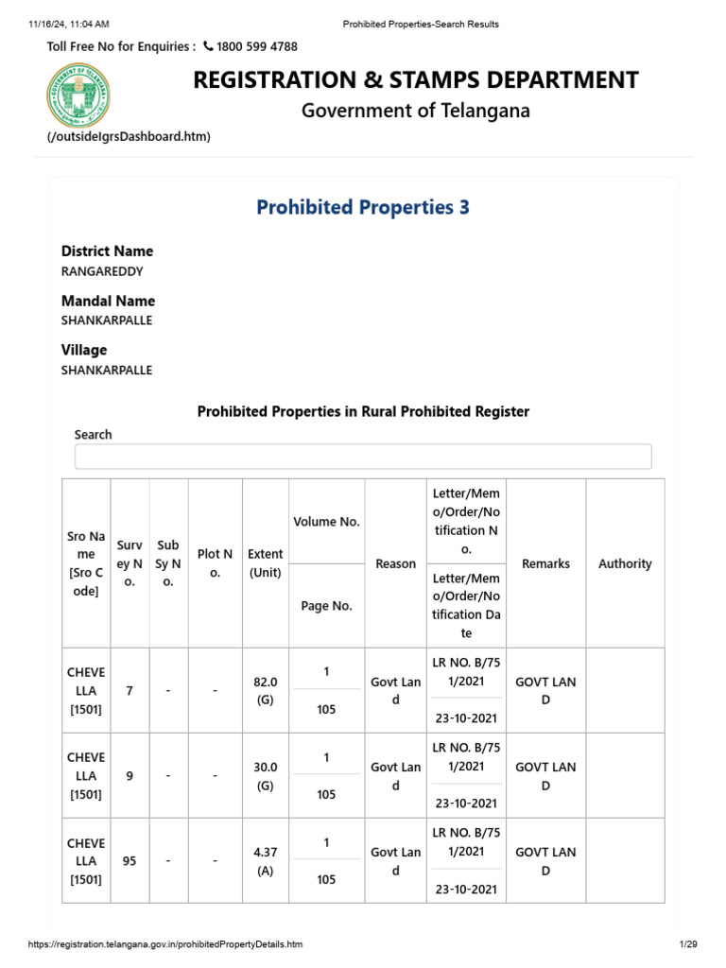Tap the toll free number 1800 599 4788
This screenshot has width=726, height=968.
[257, 46]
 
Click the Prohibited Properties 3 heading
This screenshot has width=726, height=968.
[363, 207]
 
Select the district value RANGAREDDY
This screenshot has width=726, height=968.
[102, 270]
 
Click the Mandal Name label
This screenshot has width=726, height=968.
[108, 301]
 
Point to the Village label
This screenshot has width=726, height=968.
[84, 350]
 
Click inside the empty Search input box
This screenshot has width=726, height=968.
[363, 457]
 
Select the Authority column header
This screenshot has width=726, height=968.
[625, 563]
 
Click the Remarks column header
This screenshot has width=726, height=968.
[545, 563]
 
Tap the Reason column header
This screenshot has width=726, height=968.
[395, 563]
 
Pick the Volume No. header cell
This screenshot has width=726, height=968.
[326, 521]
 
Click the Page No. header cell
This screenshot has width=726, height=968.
[326, 606]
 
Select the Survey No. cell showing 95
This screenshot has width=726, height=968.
[130, 861]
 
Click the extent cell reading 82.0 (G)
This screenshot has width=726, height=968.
[266, 691]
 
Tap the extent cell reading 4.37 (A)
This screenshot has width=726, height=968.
[266, 861]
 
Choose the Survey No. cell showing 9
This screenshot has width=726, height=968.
[130, 776]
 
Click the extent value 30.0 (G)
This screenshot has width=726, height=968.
[266, 776]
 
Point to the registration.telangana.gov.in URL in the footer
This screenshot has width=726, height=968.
[165, 944]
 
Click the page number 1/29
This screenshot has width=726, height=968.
[687, 944]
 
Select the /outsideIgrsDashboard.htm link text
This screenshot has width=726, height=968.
[129, 137]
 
